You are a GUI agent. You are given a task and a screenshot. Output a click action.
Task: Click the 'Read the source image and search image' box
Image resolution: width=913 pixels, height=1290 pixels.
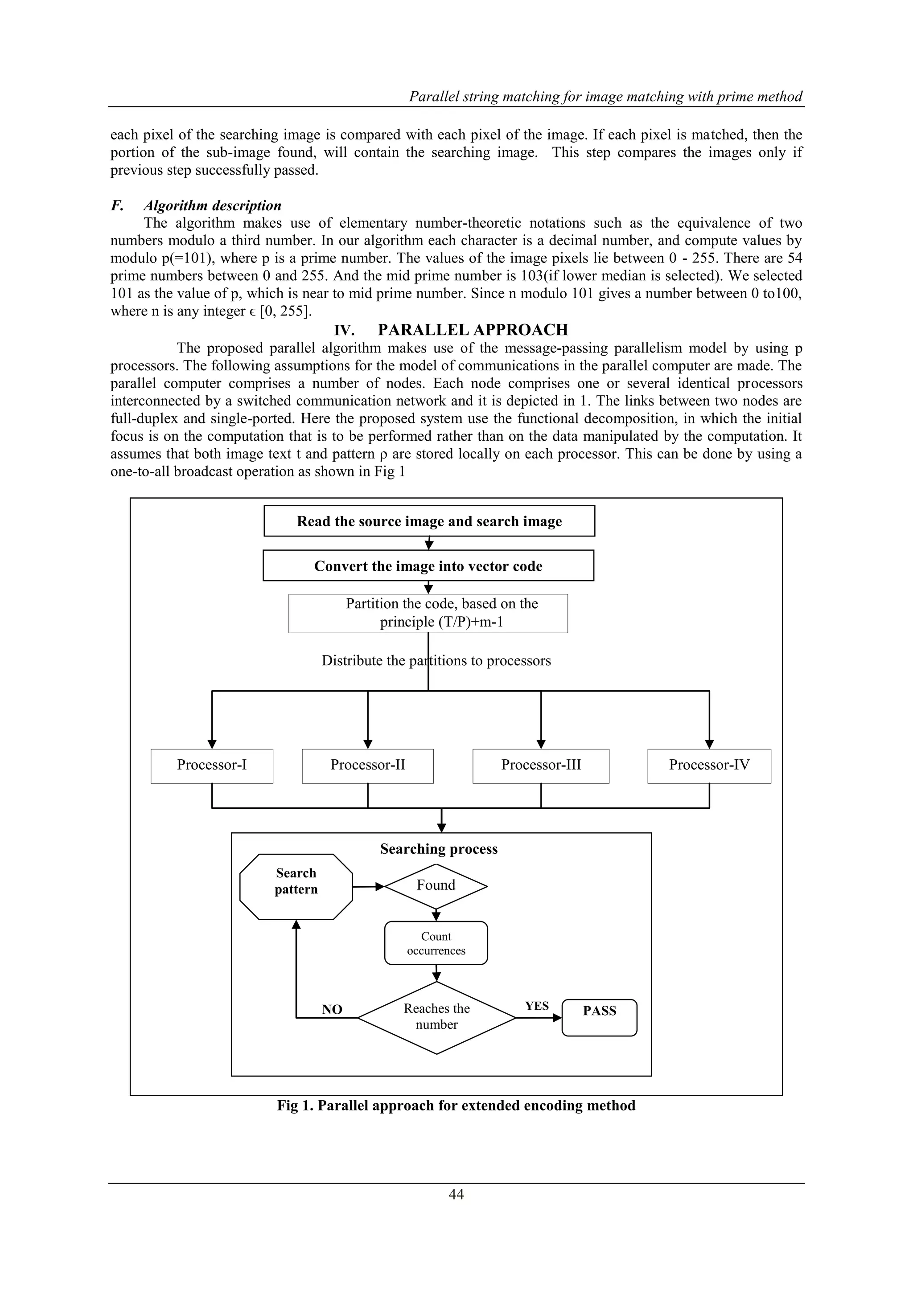tap(429, 521)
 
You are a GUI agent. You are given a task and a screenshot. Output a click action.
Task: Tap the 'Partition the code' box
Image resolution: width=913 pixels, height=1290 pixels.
tap(428, 613)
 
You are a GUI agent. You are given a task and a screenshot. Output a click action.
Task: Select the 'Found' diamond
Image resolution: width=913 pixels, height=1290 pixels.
tap(436, 885)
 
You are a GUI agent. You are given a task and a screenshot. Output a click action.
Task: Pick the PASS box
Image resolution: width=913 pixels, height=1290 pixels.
tap(599, 1017)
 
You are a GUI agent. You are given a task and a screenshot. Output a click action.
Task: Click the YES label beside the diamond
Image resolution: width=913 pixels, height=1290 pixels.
tap(537, 1006)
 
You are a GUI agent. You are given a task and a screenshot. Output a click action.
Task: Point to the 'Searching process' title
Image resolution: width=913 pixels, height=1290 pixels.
tap(439, 849)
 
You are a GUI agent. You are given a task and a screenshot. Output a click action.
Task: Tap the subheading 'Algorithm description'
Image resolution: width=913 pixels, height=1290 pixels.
tap(212, 205)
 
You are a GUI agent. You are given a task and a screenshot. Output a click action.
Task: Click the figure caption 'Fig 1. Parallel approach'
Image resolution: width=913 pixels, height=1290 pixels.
tap(456, 1105)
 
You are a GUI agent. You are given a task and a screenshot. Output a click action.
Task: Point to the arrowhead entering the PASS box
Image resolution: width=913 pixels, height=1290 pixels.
tap(558, 1017)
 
